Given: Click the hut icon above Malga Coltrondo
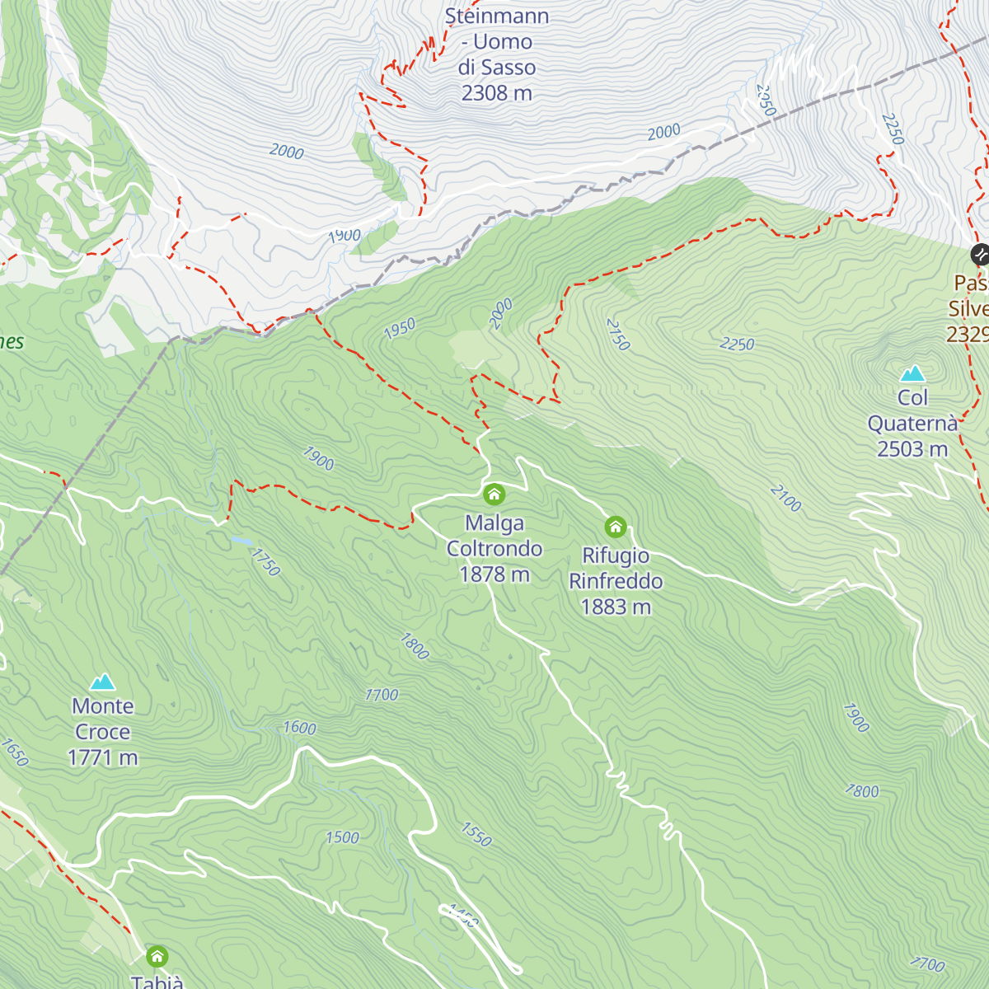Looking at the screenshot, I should (494, 494).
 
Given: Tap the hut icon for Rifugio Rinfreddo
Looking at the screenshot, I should (615, 527).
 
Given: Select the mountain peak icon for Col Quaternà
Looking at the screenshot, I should (912, 373).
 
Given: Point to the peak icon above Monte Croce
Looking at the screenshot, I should (102, 682).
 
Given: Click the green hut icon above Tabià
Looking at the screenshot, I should (157, 956).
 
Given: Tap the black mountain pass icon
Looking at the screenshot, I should (979, 254).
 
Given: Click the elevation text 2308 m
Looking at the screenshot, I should (496, 93).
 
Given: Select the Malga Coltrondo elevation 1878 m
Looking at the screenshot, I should (494, 574).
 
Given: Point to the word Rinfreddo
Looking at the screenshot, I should (616, 581).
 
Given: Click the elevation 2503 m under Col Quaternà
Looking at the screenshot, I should (912, 449).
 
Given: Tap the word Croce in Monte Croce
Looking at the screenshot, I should (102, 732).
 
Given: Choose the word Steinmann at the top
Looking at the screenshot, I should (496, 16).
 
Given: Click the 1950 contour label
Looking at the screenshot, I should (400, 329).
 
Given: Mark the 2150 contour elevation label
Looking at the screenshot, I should (617, 334).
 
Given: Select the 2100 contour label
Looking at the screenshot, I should (785, 498).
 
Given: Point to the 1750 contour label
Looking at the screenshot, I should (265, 562).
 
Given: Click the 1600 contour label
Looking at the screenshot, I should (299, 728).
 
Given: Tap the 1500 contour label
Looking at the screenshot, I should (342, 838).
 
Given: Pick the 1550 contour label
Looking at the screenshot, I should (476, 834).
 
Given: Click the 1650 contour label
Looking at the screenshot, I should (15, 752).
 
